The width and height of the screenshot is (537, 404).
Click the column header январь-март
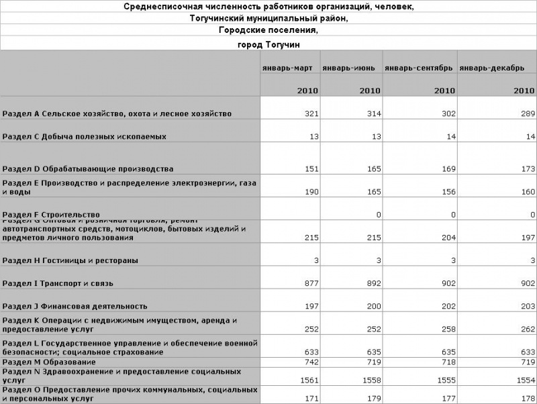point(287,68)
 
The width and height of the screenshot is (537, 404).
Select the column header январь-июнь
point(348,68)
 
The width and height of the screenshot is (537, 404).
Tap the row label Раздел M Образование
point(50,362)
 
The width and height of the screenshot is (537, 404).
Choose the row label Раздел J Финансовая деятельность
point(75,306)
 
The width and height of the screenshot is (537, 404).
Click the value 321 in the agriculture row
point(311,113)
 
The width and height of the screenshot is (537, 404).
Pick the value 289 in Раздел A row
point(528,113)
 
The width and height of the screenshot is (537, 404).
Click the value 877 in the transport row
point(311,283)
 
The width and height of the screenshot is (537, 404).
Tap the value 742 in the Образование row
point(311,362)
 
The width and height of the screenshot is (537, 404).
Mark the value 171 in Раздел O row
point(311,399)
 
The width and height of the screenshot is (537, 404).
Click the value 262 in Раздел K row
point(528,330)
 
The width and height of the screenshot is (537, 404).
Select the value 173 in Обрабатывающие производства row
point(528,168)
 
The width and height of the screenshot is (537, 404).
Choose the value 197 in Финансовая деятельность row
point(311,306)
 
